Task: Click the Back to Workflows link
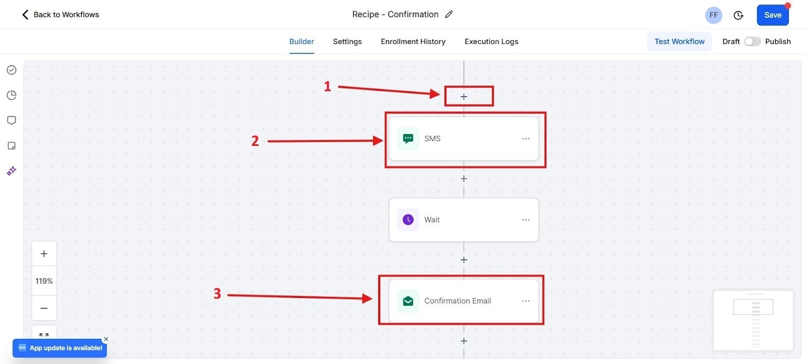[61, 15]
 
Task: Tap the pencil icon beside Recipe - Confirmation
[449, 14]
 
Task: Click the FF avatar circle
[713, 15]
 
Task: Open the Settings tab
[347, 41]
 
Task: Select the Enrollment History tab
[413, 41]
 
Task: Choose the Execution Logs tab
[491, 41]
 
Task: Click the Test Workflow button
[679, 41]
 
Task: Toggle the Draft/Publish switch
[752, 41]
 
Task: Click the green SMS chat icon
[408, 139]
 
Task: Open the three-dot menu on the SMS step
[526, 139]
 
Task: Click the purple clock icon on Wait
[408, 220]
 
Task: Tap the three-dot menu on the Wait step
[526, 220]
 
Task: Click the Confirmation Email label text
[457, 301]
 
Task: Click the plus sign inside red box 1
[464, 96]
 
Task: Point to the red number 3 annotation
[217, 293]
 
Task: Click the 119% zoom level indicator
[44, 281]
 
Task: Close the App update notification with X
[106, 339]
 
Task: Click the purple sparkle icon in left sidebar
[12, 171]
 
